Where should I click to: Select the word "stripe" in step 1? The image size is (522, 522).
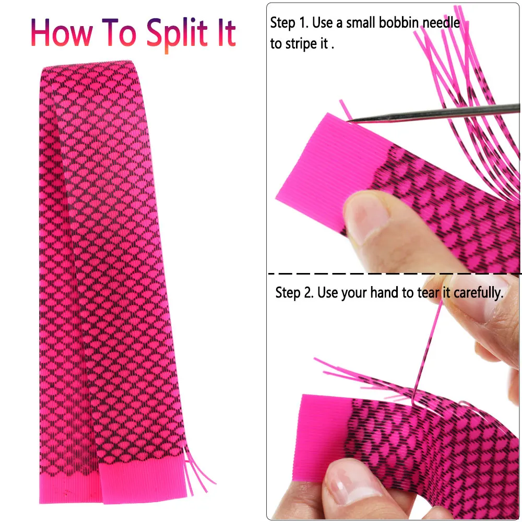coord(301,44)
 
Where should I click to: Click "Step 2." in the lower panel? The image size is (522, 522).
coord(294,293)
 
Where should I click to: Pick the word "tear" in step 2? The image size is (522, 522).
coord(429,293)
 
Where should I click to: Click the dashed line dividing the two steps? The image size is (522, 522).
coord(395,274)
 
